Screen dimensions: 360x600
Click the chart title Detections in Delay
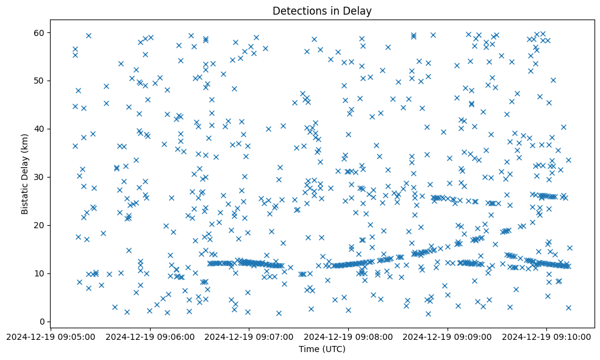[x=322, y=11]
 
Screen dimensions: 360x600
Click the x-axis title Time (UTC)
[x=322, y=349]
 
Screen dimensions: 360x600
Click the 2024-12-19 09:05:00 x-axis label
[x=51, y=336]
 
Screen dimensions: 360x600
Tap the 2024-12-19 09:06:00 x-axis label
[x=151, y=336]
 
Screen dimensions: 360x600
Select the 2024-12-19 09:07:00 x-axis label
[x=249, y=336]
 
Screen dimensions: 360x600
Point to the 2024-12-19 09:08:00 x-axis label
[x=349, y=336]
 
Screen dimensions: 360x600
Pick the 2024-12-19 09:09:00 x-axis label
[x=448, y=336]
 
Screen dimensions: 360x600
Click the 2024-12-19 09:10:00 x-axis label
[x=547, y=336]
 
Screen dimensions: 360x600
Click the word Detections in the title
[x=299, y=11]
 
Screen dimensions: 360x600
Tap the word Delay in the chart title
[x=359, y=11]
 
